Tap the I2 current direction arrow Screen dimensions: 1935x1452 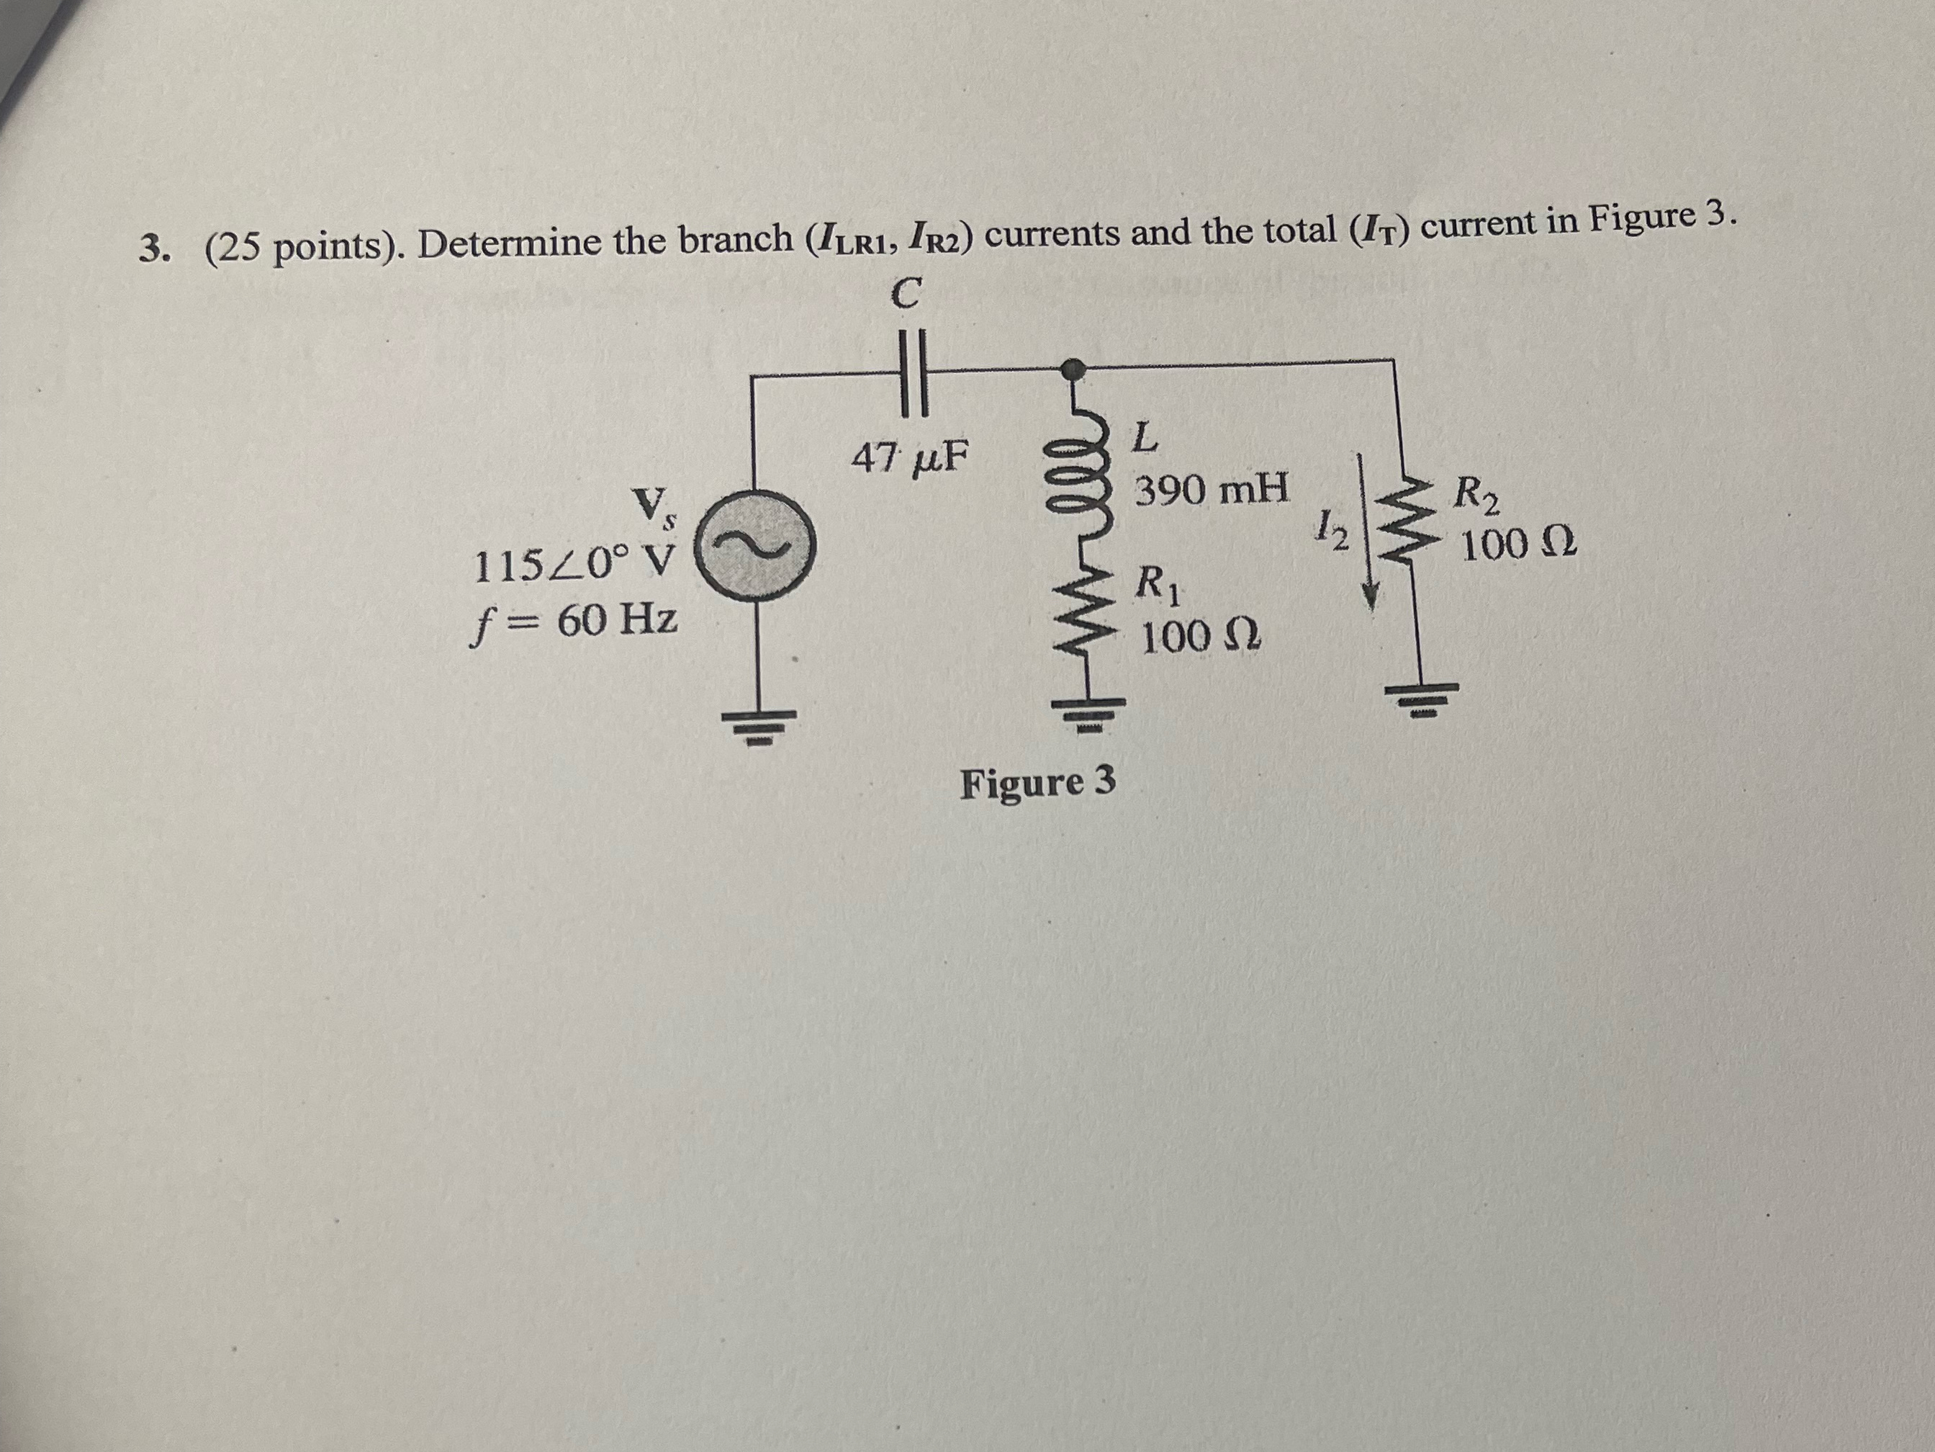[x=1366, y=530]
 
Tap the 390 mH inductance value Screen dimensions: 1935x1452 [x=1212, y=490]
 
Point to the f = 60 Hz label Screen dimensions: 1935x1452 [x=574, y=622]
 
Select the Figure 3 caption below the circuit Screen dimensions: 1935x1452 [x=1037, y=781]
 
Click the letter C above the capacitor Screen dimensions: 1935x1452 [x=906, y=293]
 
